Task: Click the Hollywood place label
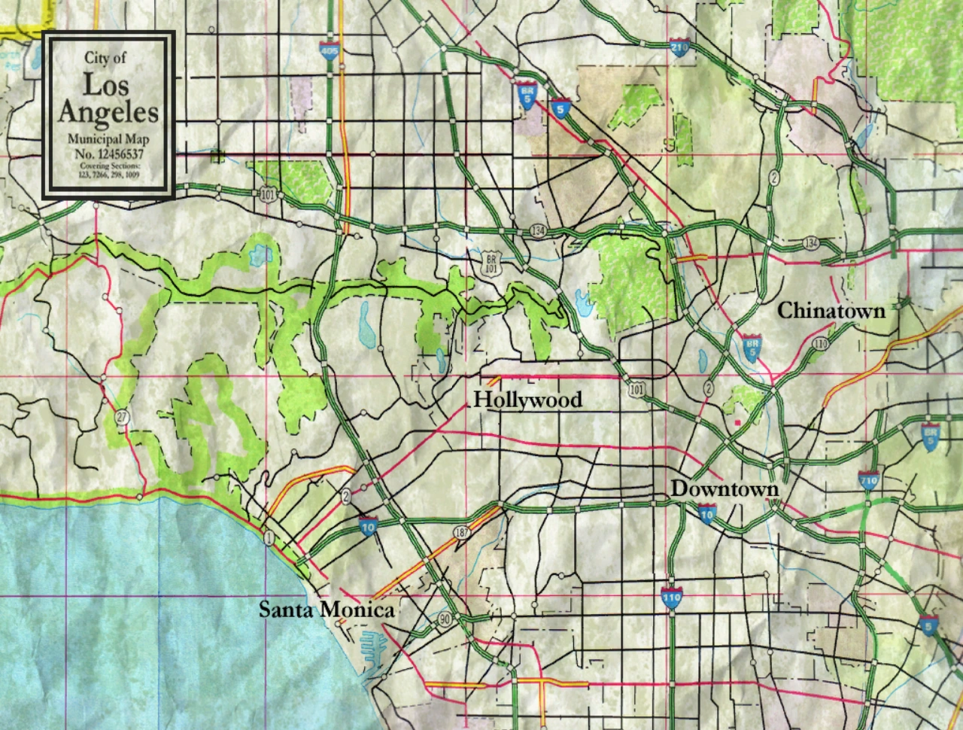[x=527, y=400]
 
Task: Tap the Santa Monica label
[x=327, y=610]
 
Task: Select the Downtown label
[x=725, y=489]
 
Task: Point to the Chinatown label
[x=831, y=310]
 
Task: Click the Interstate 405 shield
[x=329, y=51]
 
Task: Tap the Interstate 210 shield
[x=678, y=47]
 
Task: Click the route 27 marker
[x=121, y=416]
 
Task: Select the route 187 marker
[x=460, y=532]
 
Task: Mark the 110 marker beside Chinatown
[x=820, y=344]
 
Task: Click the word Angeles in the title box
[x=109, y=112]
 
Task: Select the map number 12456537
[x=109, y=152]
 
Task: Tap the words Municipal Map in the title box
[x=109, y=139]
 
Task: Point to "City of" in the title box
[x=106, y=57]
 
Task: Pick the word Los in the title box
[x=106, y=85]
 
